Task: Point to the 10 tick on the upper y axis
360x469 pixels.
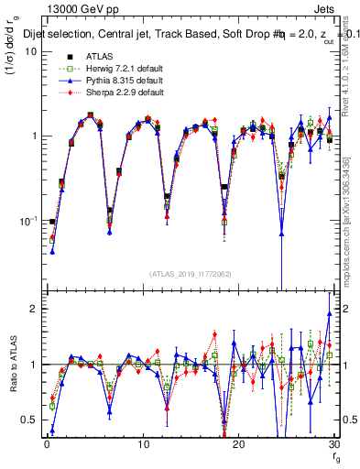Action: point(29,51)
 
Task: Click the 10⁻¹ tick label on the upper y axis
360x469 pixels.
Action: point(26,222)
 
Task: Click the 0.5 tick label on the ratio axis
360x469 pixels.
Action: point(27,420)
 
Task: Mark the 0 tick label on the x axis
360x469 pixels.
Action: point(46,442)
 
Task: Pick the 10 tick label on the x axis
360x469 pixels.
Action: point(142,442)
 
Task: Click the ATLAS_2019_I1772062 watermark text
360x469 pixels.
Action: point(190,274)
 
